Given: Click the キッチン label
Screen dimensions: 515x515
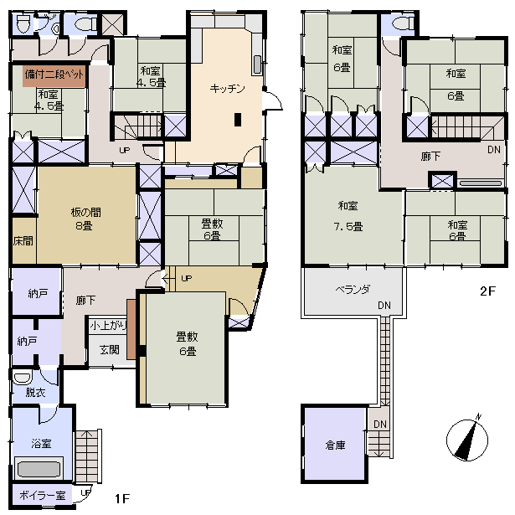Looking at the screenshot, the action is [227, 89].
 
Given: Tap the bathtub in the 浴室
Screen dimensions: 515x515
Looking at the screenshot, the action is [39, 470].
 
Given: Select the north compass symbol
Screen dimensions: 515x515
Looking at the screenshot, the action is [467, 439].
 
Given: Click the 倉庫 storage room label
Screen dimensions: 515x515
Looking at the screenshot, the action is [335, 445].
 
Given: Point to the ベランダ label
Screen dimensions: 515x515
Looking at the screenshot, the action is [353, 290].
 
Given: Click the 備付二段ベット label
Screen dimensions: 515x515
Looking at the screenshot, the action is [54, 75].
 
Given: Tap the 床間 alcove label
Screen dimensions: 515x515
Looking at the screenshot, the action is [23, 241].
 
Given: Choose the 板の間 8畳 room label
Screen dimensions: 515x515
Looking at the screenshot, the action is [85, 219].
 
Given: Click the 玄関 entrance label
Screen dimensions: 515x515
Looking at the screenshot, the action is [110, 350].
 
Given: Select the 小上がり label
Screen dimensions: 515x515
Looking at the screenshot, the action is [108, 326].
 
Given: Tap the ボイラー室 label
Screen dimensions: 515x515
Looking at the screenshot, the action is [43, 495].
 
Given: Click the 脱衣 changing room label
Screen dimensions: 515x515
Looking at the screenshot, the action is [35, 392].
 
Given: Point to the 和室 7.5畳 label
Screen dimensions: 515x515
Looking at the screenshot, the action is [348, 216].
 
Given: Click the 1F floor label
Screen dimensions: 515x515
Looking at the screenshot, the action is [122, 498].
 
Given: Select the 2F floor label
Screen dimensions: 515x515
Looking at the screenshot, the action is [487, 291].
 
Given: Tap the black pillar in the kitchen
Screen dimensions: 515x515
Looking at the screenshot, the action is [238, 120].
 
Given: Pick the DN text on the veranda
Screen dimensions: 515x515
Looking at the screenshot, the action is [384, 306].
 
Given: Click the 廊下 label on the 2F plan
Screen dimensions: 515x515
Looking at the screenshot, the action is [430, 157].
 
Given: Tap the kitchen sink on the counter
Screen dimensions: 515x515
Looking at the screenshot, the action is [258, 64].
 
